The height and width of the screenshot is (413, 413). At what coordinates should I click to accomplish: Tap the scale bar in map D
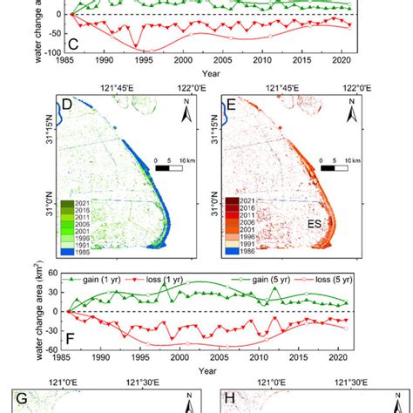170,166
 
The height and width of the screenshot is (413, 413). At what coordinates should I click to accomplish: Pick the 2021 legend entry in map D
66,203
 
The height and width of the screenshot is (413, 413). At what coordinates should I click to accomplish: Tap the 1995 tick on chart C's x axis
141,61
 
